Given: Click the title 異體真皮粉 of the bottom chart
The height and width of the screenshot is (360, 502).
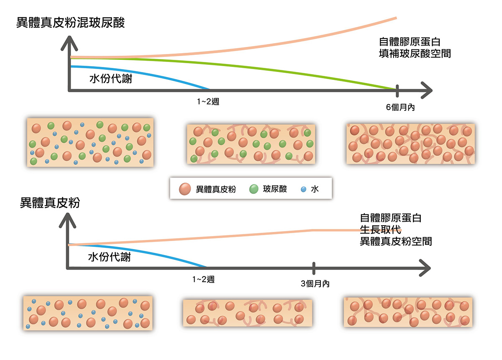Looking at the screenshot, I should (x=50, y=203).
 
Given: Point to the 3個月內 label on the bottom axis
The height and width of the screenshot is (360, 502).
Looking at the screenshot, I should (x=315, y=283).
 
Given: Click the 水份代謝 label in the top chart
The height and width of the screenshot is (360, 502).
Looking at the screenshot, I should (x=111, y=78).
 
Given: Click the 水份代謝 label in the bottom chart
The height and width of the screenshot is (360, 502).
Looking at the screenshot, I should (x=110, y=257).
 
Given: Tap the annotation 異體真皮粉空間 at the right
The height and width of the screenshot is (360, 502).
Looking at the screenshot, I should (x=396, y=242).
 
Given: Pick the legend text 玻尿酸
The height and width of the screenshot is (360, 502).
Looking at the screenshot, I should (x=275, y=189).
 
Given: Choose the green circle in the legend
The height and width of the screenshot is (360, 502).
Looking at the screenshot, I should (x=254, y=189).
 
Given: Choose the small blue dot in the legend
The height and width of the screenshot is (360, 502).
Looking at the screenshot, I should (x=303, y=189).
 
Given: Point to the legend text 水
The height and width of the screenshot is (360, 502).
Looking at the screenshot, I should (x=315, y=189).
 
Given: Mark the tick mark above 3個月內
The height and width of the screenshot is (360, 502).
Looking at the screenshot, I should (x=314, y=267).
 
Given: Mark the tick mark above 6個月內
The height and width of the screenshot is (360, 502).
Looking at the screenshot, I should (x=397, y=90).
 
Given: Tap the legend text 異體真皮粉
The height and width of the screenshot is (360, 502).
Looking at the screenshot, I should (x=216, y=189).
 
